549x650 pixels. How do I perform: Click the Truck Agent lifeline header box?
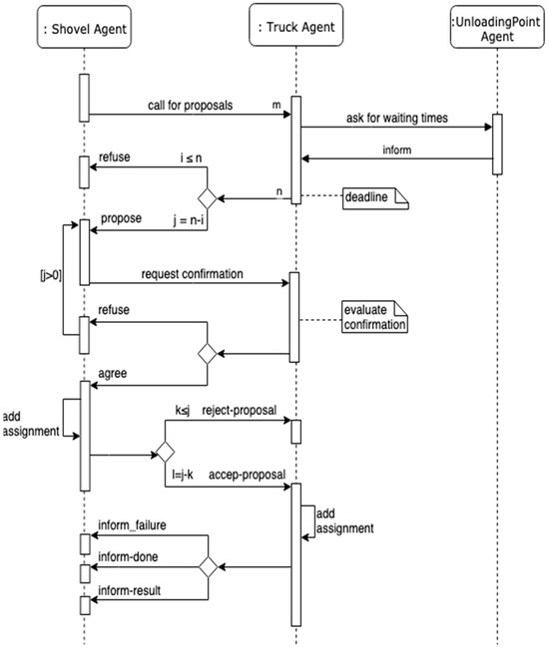296,26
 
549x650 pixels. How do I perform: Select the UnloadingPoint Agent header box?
496,26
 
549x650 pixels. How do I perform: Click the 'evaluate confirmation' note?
374,316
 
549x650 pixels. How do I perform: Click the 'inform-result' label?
129,590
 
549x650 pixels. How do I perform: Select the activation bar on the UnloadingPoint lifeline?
496,145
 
